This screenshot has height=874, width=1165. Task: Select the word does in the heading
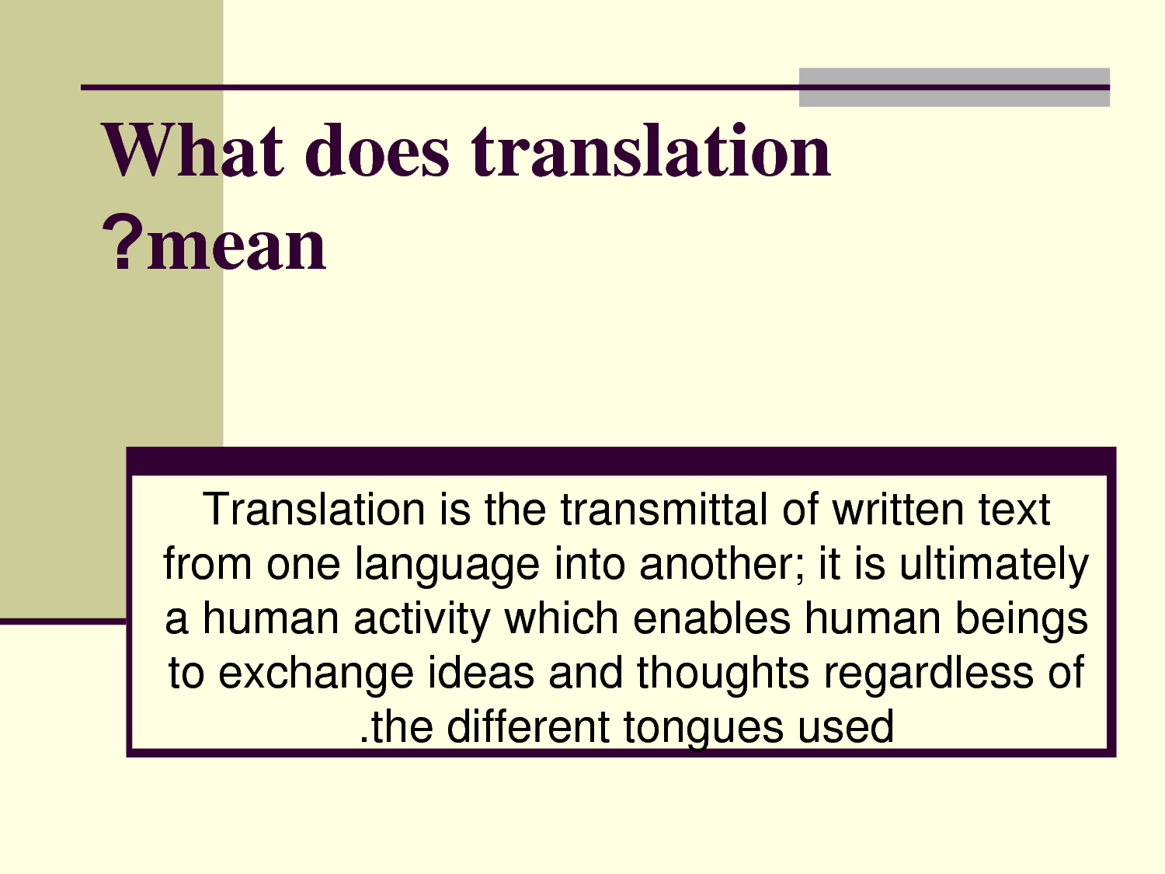377,151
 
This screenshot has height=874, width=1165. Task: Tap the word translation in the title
651,151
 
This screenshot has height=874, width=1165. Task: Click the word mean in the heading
237,246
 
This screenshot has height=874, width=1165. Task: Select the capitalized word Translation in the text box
314,510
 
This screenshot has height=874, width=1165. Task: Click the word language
447,565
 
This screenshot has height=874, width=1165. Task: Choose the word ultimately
994,564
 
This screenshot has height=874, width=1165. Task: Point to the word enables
711,618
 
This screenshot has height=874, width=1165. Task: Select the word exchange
315,673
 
